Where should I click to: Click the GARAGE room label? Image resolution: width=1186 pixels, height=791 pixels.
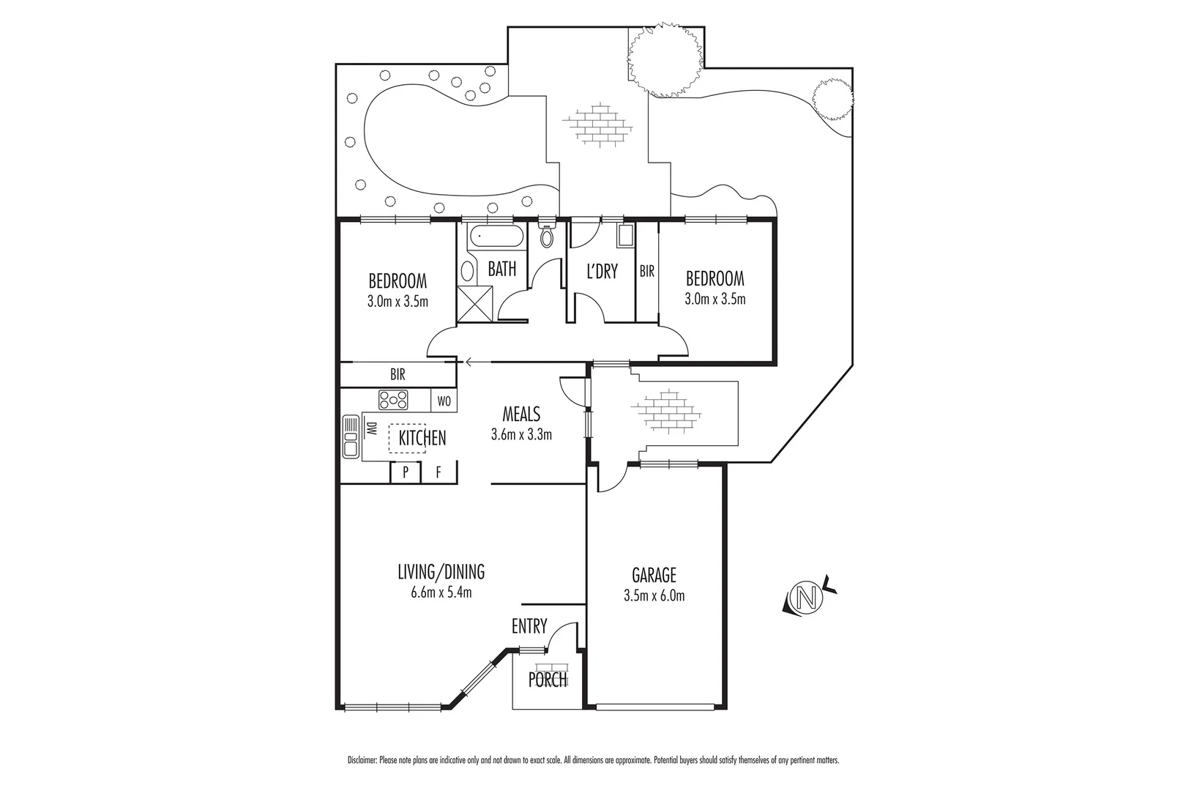654,575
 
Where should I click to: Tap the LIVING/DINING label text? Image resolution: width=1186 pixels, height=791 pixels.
441,571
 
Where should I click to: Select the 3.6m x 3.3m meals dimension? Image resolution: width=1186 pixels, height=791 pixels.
521,434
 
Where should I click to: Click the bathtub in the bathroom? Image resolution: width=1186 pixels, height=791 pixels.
496,237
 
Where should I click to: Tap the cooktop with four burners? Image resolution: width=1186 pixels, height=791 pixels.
393,400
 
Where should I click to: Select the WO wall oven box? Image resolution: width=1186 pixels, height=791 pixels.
444,401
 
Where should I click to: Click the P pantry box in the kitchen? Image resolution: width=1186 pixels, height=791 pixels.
405,473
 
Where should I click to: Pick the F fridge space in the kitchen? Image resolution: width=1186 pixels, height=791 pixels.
439,473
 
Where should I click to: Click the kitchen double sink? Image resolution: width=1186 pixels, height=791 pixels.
350,437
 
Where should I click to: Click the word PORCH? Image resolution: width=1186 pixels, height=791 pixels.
548,680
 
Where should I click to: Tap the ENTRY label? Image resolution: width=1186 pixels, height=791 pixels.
529,626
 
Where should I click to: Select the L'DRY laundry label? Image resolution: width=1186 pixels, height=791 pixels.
603,272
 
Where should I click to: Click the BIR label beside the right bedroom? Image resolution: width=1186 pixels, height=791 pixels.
646,272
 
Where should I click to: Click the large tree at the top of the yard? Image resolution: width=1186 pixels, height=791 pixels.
665,60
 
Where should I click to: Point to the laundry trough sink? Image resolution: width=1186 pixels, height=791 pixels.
626,235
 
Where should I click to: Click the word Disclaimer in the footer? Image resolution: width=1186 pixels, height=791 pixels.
362,761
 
